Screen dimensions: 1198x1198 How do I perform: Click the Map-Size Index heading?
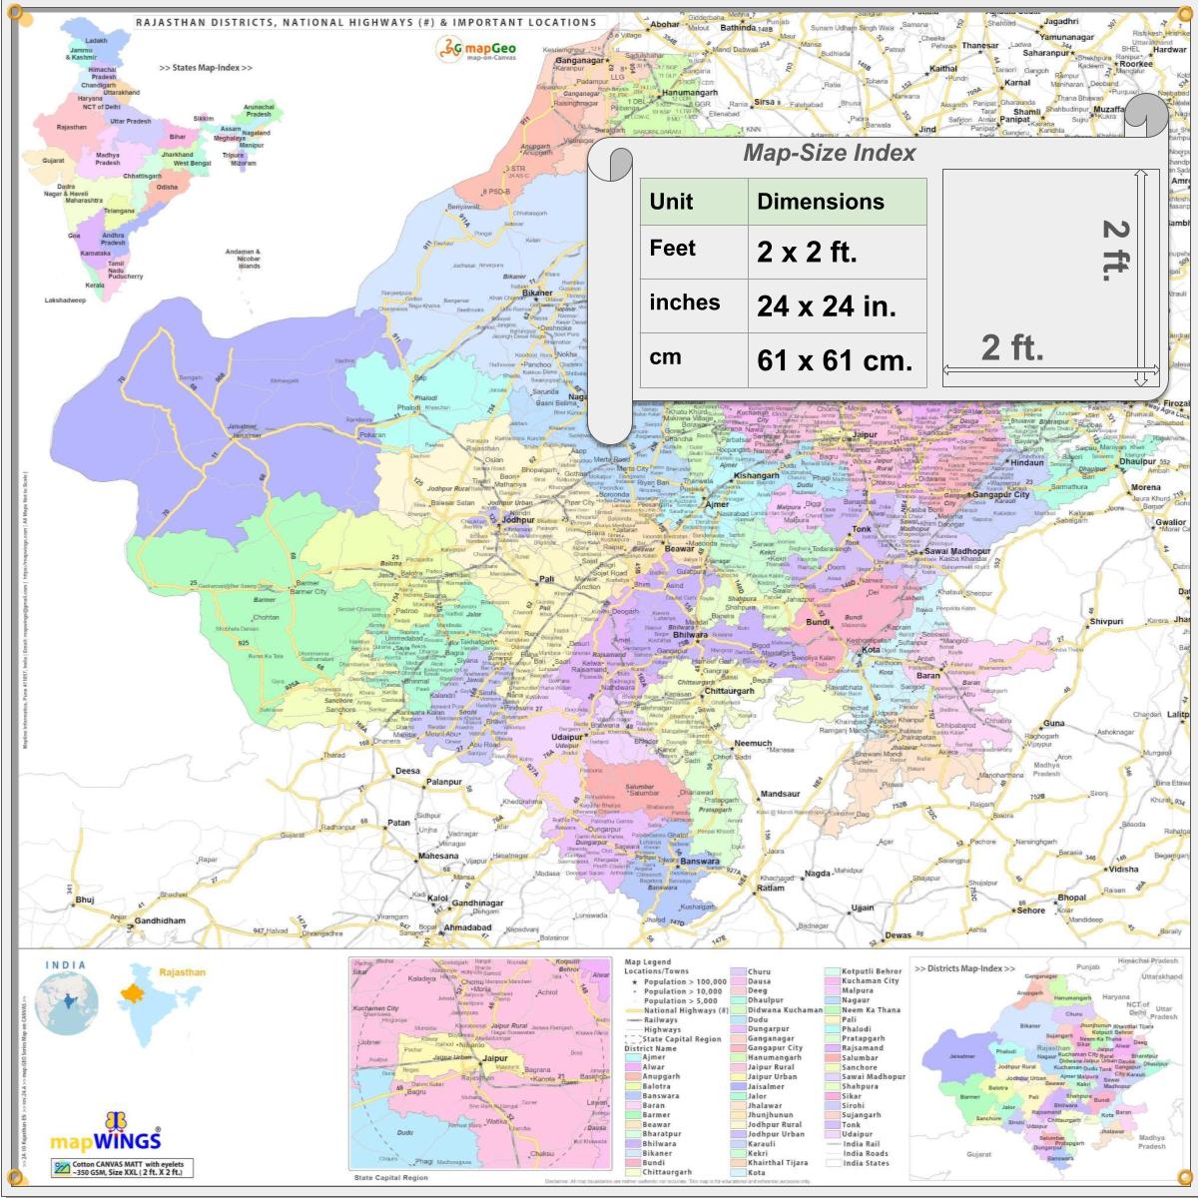829,153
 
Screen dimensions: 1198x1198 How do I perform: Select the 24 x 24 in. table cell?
826,306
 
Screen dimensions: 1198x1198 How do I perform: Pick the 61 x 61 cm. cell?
835,360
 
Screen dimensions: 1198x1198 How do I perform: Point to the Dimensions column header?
820,202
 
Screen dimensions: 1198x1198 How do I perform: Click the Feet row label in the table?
672,249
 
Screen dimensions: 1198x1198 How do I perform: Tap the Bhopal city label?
1071,898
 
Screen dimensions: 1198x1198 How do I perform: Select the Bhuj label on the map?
85,899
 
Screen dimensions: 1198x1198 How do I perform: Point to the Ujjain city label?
862,908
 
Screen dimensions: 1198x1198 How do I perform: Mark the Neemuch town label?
754,743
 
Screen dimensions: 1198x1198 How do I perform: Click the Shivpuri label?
1106,621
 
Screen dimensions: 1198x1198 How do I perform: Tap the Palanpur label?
444,782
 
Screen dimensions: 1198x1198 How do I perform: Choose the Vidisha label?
1123,869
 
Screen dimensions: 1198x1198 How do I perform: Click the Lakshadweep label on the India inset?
65,299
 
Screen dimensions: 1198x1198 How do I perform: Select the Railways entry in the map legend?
661,1020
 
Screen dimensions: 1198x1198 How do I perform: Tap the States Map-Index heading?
205,68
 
